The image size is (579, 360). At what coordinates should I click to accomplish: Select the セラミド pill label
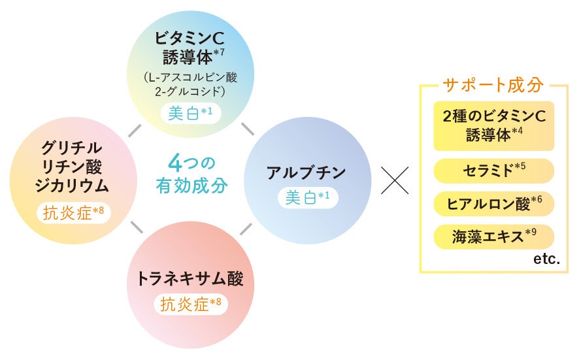click(493, 171)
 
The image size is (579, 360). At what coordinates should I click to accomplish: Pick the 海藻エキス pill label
click(493, 237)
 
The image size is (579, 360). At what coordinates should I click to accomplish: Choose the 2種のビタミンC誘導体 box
click(493, 126)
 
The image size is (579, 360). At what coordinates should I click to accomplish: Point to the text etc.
click(546, 259)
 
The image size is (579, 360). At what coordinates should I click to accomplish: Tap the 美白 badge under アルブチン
click(306, 197)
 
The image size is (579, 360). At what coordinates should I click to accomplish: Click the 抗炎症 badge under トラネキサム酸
click(190, 304)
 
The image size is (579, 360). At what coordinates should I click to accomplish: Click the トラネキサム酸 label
click(190, 279)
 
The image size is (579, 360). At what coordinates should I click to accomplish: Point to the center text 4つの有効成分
click(191, 174)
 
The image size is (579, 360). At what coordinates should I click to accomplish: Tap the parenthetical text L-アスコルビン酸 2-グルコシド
click(190, 83)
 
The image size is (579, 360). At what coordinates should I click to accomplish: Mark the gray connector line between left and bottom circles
click(137, 227)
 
